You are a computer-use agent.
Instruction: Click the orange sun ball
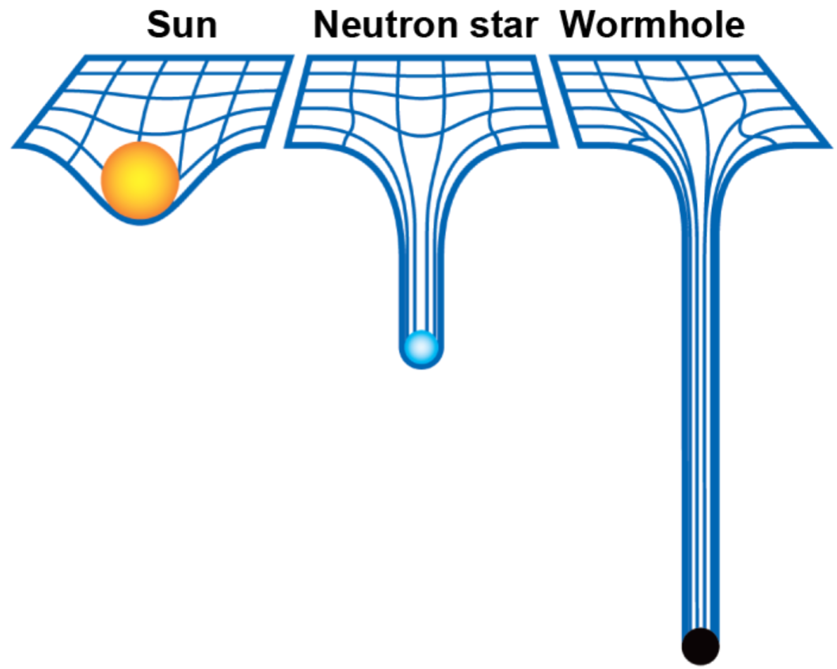click(x=140, y=180)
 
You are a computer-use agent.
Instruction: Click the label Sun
click(x=182, y=25)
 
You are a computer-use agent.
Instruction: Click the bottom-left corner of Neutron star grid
click(x=287, y=145)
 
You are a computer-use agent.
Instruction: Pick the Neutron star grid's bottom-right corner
click(x=556, y=145)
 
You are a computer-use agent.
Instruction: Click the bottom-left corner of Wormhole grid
click(x=580, y=145)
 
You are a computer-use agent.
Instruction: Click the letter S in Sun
click(x=160, y=25)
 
